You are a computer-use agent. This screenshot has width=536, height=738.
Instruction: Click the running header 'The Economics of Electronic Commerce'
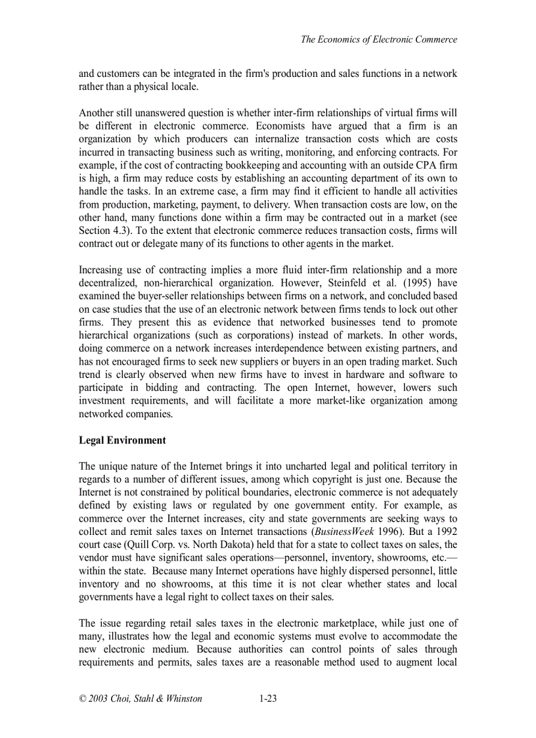tap(379, 39)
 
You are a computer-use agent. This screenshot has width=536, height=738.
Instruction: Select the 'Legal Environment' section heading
tap(122, 440)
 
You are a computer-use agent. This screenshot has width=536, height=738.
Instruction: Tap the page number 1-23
tap(267, 699)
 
